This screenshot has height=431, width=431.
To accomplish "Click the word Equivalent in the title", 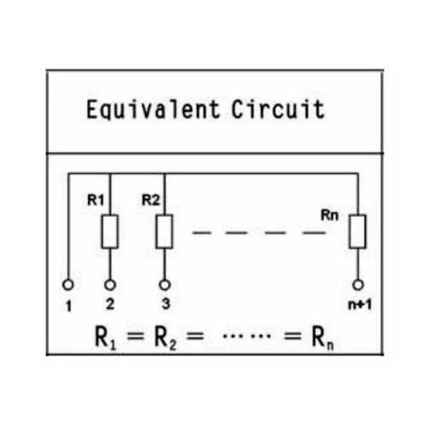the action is (x=154, y=110).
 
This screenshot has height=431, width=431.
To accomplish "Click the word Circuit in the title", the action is (x=277, y=110).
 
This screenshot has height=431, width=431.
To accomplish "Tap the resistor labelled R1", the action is (x=110, y=232).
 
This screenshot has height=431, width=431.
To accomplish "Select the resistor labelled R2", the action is (x=164, y=232).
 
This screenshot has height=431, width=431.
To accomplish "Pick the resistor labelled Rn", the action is (x=358, y=232).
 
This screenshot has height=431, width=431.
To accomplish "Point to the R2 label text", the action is (x=150, y=200).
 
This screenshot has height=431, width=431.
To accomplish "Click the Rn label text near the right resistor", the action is (x=330, y=215).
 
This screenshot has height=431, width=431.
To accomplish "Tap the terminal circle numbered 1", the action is (x=69, y=284).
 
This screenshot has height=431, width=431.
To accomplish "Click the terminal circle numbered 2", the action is (x=110, y=284).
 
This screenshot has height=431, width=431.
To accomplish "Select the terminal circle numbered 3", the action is (x=164, y=284).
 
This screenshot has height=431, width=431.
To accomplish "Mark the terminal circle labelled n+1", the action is (x=358, y=284).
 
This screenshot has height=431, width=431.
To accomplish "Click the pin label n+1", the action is (x=357, y=304).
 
